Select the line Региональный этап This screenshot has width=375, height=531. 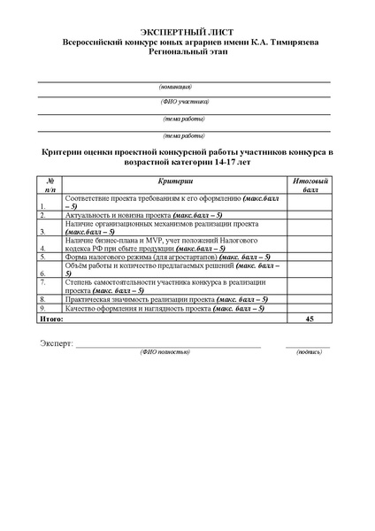[x=187, y=52]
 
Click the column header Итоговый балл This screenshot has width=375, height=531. [x=309, y=185]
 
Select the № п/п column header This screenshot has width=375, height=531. [x=51, y=185]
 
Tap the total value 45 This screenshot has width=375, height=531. [x=309, y=317]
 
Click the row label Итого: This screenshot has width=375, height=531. [x=53, y=317]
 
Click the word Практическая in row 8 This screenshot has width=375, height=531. [x=90, y=300]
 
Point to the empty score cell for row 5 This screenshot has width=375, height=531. [x=309, y=258]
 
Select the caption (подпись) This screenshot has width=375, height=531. [x=310, y=352]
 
